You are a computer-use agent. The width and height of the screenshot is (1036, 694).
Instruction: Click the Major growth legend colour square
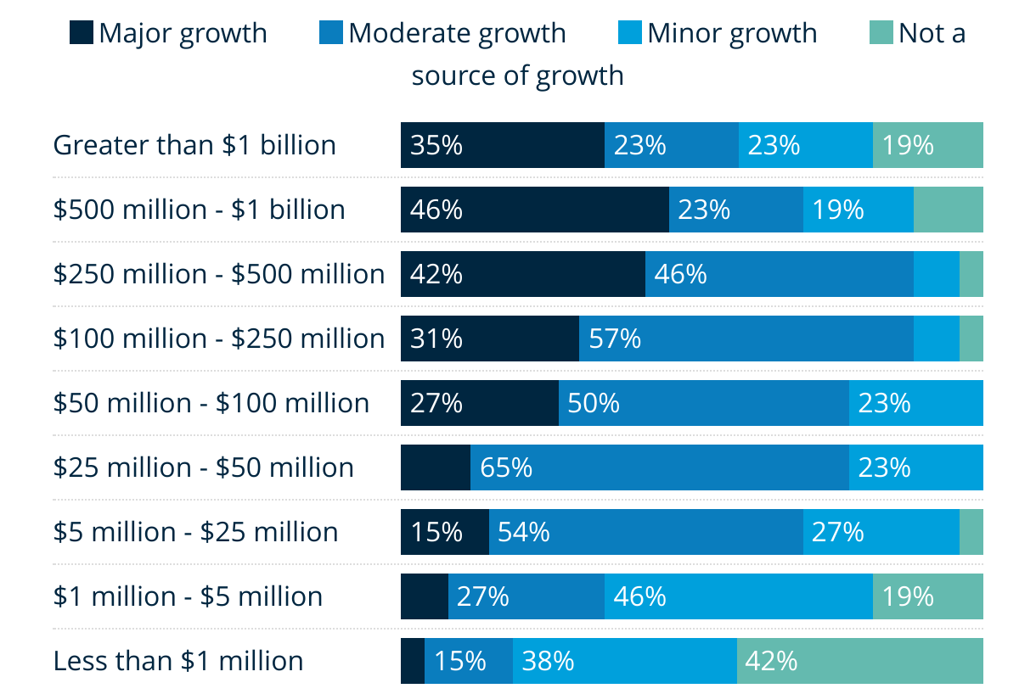click(81, 33)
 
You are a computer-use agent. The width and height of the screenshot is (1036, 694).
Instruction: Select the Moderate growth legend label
click(456, 33)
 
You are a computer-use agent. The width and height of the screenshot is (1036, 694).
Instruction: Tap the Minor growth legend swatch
click(631, 33)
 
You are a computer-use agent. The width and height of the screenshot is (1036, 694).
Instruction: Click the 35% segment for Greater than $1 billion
click(502, 145)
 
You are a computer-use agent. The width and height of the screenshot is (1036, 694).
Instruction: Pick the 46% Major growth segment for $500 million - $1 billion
click(534, 210)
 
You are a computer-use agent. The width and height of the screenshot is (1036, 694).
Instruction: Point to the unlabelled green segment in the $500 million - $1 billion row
click(948, 210)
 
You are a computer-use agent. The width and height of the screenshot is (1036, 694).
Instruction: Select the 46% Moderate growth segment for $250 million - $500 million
click(779, 274)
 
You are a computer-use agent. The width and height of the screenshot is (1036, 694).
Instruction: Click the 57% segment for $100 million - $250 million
click(746, 339)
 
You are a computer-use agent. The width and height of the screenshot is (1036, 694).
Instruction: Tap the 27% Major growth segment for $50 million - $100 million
click(479, 403)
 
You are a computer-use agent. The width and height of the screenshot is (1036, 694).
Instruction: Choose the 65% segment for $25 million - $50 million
click(659, 467)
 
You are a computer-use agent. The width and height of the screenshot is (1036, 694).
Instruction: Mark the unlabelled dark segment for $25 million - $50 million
click(435, 467)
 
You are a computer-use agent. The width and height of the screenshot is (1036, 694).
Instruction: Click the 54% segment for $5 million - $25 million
click(645, 532)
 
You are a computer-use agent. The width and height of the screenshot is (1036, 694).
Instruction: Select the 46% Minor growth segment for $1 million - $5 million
click(738, 596)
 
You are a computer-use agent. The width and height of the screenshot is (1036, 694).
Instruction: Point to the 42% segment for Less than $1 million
click(859, 661)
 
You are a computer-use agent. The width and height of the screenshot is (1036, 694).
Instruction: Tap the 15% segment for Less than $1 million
click(468, 661)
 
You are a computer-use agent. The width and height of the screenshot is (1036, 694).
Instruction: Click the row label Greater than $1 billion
click(194, 145)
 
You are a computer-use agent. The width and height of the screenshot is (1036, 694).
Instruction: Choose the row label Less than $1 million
click(178, 661)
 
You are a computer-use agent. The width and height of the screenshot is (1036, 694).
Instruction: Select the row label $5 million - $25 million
click(195, 532)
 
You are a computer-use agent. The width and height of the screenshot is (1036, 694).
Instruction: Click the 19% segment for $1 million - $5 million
click(927, 596)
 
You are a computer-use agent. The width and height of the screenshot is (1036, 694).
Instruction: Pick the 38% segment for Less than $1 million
click(624, 661)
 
